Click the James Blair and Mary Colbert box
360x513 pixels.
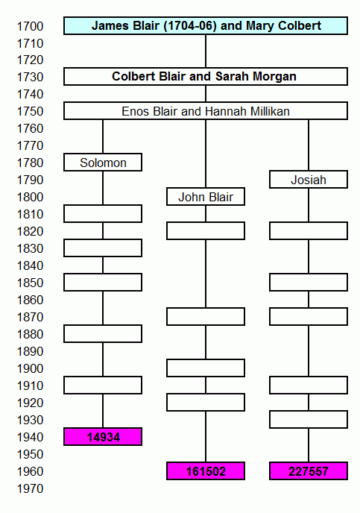[206, 26]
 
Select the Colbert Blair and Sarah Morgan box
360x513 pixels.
[206, 77]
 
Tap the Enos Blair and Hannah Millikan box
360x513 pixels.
[206, 111]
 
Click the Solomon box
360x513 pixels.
[103, 163]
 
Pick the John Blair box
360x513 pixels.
[206, 197]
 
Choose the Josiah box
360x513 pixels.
[309, 180]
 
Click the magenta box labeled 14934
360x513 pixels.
[103, 436]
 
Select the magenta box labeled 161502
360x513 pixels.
[206, 470]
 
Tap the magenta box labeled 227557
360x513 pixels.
[309, 470]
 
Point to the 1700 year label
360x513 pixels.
[30, 26]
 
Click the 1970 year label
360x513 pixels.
[30, 488]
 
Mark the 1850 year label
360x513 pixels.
[30, 283]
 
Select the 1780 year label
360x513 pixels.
[30, 163]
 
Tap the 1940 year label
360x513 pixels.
[30, 437]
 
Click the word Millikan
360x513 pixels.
[270, 111]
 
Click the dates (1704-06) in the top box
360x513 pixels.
[190, 26]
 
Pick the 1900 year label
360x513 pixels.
[30, 368]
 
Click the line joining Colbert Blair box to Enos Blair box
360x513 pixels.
[206, 94]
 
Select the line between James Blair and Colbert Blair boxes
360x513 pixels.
[206, 51]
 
